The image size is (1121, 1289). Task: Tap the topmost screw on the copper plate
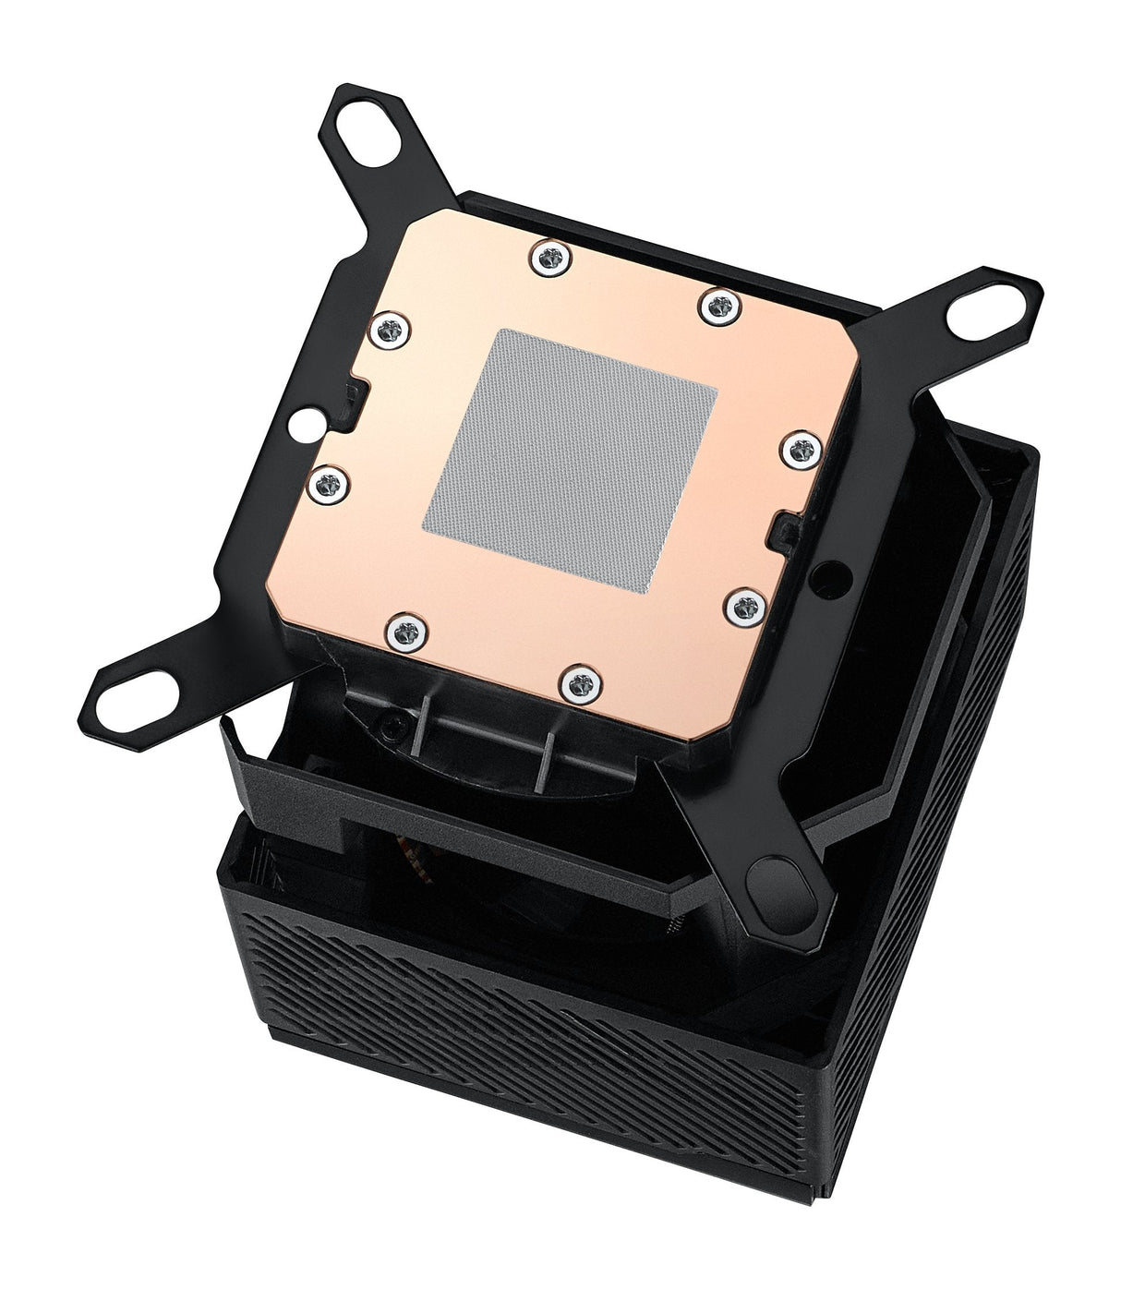click(x=548, y=255)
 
